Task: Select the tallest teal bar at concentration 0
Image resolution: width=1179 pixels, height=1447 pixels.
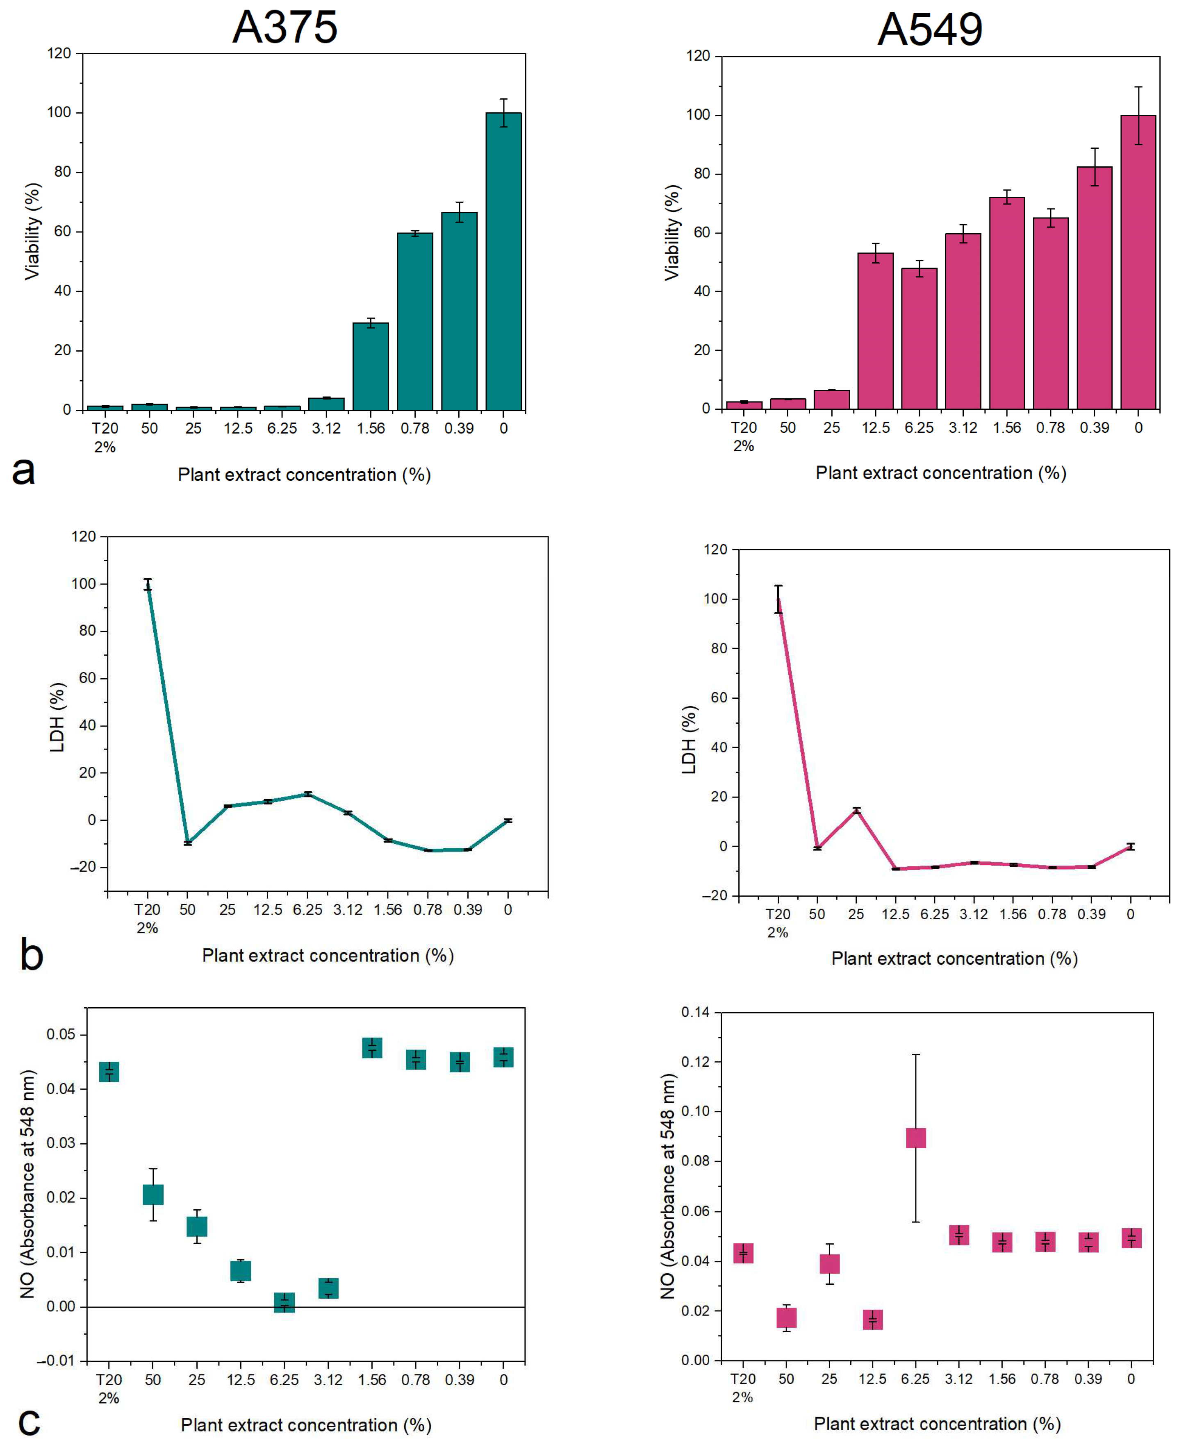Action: [x=503, y=261]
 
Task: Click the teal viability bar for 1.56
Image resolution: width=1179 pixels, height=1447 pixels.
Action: [x=371, y=367]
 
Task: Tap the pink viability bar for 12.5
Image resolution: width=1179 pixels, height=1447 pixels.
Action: [x=875, y=332]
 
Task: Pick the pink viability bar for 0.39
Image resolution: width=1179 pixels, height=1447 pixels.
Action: [x=1094, y=288]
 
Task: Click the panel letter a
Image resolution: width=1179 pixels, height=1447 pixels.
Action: [x=24, y=470]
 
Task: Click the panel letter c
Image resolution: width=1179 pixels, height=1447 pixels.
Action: [x=29, y=1421]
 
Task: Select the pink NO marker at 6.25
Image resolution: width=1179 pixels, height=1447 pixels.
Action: [x=915, y=1137]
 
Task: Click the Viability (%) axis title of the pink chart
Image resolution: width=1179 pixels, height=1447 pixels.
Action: [x=671, y=232]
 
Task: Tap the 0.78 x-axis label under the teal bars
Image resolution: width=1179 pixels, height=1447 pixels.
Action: [x=414, y=429]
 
